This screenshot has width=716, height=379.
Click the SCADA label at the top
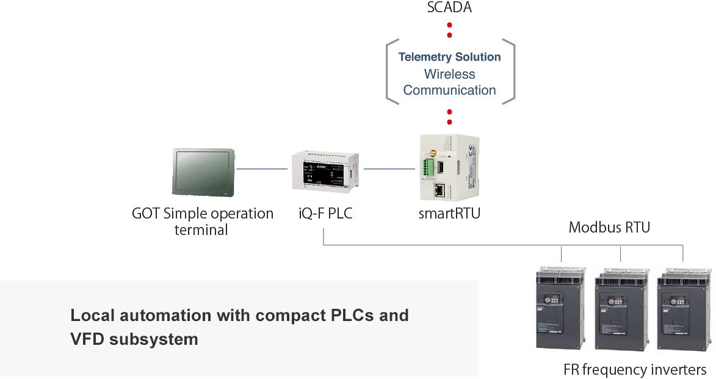pos(449,8)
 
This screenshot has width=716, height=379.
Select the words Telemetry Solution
pos(449,57)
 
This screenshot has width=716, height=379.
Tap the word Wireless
pos(449,74)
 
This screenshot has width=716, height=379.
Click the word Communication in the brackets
pos(449,90)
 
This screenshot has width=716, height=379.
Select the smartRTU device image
pos(449,167)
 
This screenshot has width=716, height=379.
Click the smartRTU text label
pos(449,214)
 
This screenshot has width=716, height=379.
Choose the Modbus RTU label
pos(609,228)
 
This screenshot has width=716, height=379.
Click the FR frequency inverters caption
pos(635,369)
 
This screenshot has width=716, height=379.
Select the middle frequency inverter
pos(621,309)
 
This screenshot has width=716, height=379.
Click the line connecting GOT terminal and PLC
pos(262,168)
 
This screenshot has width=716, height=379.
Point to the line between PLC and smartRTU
pos(389,168)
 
